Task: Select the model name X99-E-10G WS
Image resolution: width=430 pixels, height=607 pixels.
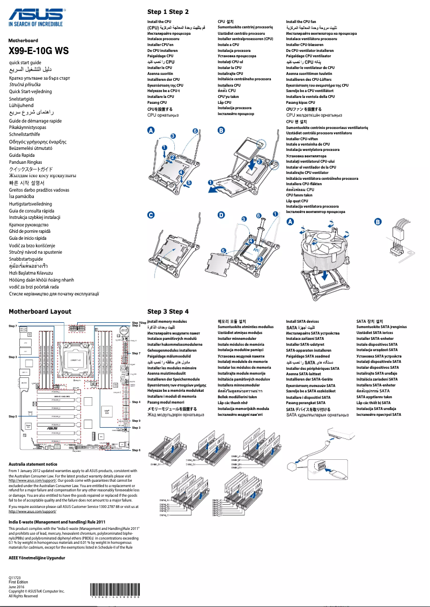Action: [39, 51]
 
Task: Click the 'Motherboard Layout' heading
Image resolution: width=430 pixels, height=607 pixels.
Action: [40, 311]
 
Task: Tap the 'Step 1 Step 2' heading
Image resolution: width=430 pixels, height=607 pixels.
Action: [168, 12]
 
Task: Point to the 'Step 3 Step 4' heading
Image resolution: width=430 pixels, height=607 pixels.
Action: [168, 311]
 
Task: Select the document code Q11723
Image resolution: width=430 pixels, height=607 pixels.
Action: [15, 578]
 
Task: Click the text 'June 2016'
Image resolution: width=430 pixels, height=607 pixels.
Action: [17, 587]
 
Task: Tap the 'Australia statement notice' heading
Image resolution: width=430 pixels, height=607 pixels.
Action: [33, 464]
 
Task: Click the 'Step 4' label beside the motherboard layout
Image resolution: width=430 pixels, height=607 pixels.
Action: [136, 401]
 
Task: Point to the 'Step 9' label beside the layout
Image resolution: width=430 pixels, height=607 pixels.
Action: [136, 421]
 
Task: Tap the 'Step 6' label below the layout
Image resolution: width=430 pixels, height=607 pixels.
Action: [136, 450]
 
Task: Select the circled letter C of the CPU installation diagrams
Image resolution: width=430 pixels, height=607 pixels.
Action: [151, 215]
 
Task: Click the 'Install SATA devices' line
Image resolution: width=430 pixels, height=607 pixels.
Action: [302, 321]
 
